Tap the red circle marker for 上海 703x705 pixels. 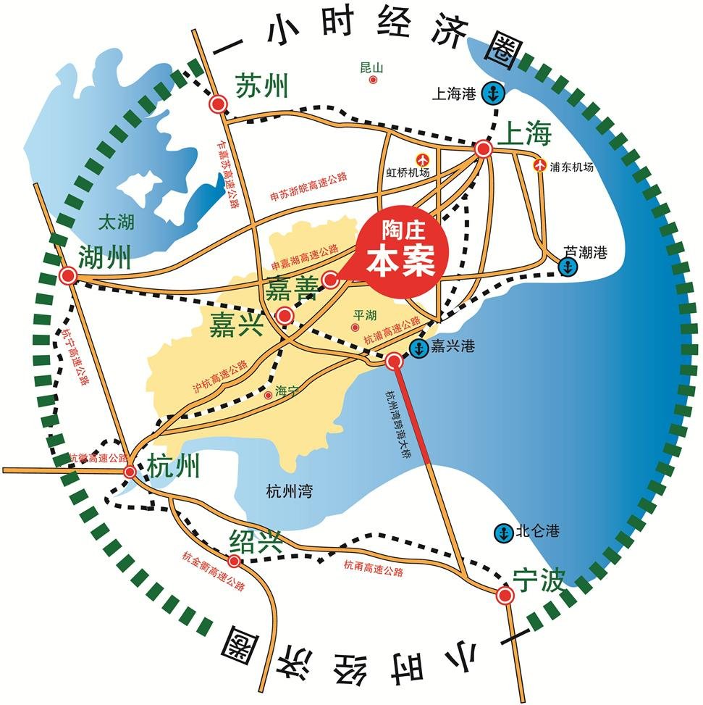pos(484,149)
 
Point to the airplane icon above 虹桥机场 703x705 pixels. pos(421,159)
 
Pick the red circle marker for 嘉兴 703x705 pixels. pos(285,315)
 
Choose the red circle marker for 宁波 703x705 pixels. pos(505,596)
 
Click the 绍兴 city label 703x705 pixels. pos(256,541)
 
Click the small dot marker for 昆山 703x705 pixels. pos(373,80)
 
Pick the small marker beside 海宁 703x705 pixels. pos(269,394)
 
